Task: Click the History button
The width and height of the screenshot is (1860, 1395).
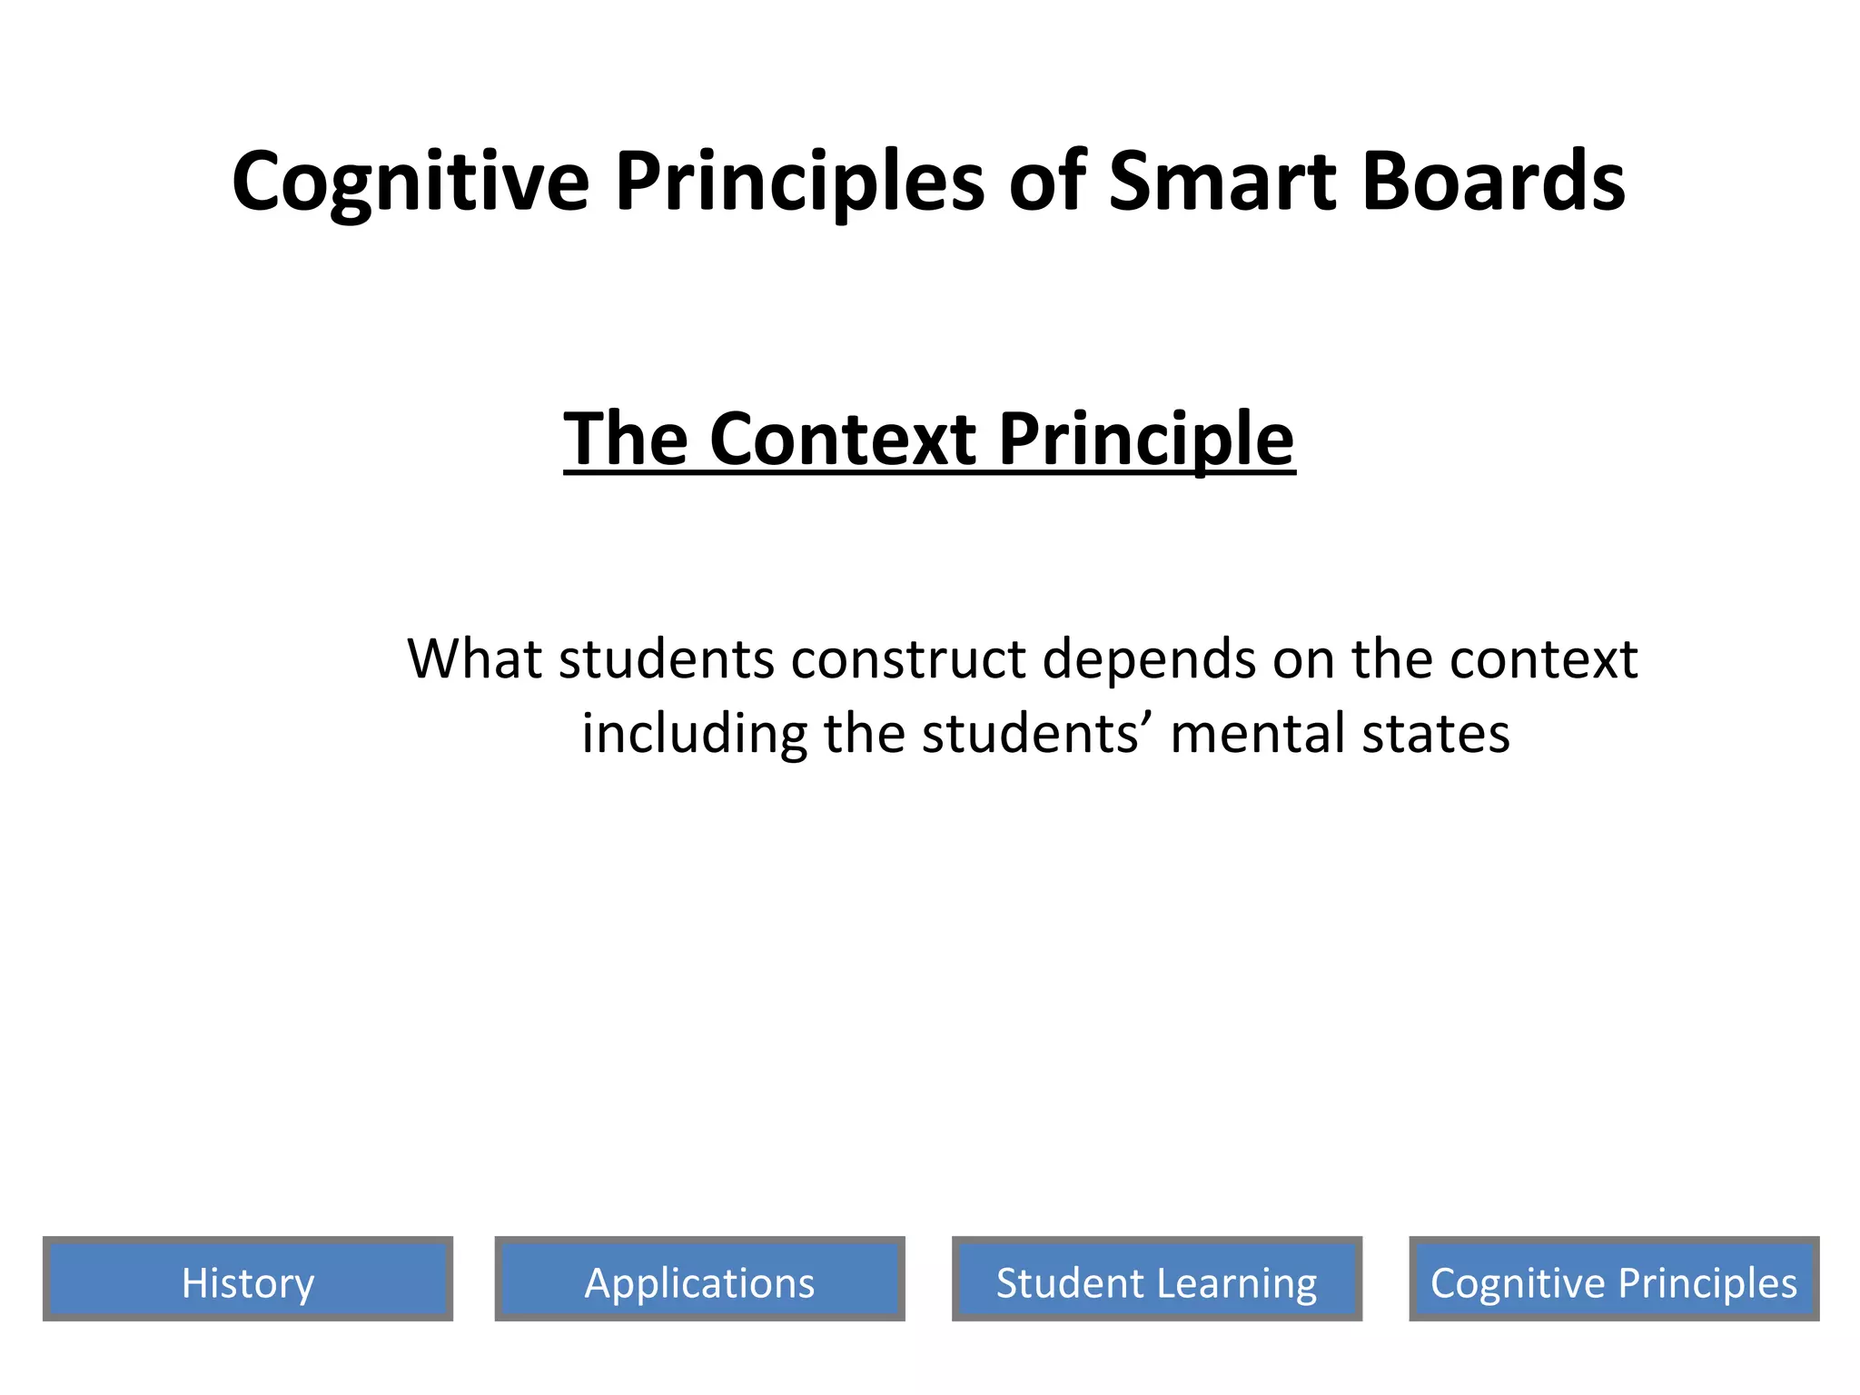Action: pyautogui.click(x=247, y=1279)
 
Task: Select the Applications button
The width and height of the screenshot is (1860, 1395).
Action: pyautogui.click(x=699, y=1279)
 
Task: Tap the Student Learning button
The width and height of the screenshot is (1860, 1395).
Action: pyautogui.click(x=1156, y=1279)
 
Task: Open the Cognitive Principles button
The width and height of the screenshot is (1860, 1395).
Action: pyautogui.click(x=1614, y=1279)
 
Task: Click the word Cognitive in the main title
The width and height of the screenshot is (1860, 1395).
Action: pyautogui.click(x=411, y=181)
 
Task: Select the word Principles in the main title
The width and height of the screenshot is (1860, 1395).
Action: pyautogui.click(x=799, y=181)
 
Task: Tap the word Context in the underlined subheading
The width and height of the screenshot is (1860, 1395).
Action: pyautogui.click(x=842, y=439)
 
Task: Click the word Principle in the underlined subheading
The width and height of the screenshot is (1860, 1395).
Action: pyautogui.click(x=1146, y=439)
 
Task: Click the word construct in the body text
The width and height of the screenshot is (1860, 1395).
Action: pyautogui.click(x=908, y=658)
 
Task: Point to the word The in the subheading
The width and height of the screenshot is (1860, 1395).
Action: pyautogui.click(x=626, y=439)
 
